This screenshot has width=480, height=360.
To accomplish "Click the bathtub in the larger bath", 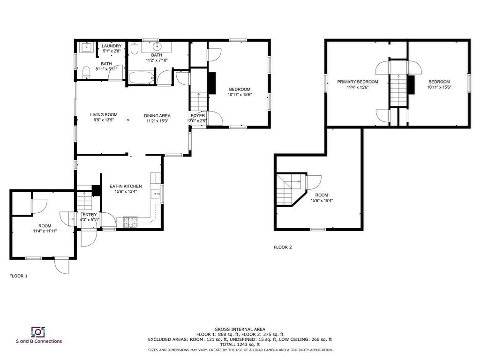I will coord(141,78).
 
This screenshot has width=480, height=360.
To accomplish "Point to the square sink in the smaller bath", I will coord(87,47).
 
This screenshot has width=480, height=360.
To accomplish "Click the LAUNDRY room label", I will coord(112,46).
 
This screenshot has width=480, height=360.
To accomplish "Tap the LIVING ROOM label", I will coord(104,115).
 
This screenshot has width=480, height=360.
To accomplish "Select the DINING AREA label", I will coord(157,116).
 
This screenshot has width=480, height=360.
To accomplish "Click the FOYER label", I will coord(197,116).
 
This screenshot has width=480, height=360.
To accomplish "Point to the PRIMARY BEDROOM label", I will coord(358,82).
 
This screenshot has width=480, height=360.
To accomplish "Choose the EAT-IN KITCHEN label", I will coord(126,187).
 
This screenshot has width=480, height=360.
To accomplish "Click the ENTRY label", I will coord(90,215).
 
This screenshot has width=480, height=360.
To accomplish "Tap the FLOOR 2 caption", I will coord(283,247).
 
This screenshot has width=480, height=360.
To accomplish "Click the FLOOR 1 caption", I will coord(19,276).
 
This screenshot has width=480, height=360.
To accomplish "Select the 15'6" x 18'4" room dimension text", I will coord(322,201).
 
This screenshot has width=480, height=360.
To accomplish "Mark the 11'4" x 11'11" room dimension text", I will coord(45,231).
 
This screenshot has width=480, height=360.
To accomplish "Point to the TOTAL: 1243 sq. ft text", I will coord(240,345).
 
